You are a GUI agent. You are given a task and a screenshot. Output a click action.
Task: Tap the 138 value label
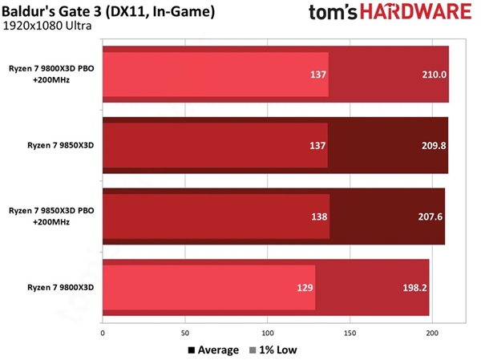coord(318,216)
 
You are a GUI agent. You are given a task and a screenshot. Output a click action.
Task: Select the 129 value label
coord(304,287)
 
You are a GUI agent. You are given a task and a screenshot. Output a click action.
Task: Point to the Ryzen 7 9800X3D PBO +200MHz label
coord(51,75)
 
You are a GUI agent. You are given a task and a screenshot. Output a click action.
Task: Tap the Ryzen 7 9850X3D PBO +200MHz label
coord(51,216)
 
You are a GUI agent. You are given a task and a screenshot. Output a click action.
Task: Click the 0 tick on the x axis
coord(103,332)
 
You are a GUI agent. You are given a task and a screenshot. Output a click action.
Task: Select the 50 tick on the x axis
coord(185,332)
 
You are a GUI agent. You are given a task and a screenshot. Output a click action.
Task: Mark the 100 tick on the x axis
coord(268,332)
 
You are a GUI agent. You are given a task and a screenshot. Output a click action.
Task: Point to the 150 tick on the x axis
coord(350,332)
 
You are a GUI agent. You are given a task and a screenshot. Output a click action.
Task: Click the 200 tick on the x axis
coord(433,332)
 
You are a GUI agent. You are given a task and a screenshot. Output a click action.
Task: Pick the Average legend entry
coord(213,350)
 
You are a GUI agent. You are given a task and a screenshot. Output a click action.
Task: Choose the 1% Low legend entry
coord(273,350)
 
